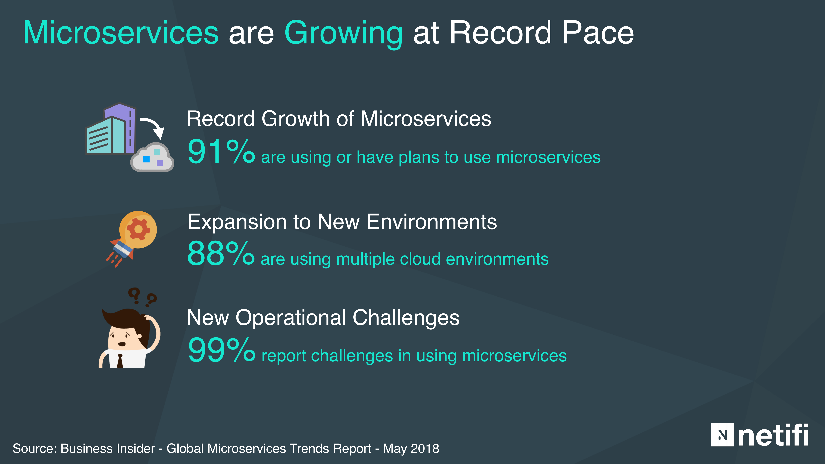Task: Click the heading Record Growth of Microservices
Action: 339,119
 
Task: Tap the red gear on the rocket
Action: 138,229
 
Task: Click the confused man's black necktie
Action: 120,361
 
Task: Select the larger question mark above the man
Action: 135,295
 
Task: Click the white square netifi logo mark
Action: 722,435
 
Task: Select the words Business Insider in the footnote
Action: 108,449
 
